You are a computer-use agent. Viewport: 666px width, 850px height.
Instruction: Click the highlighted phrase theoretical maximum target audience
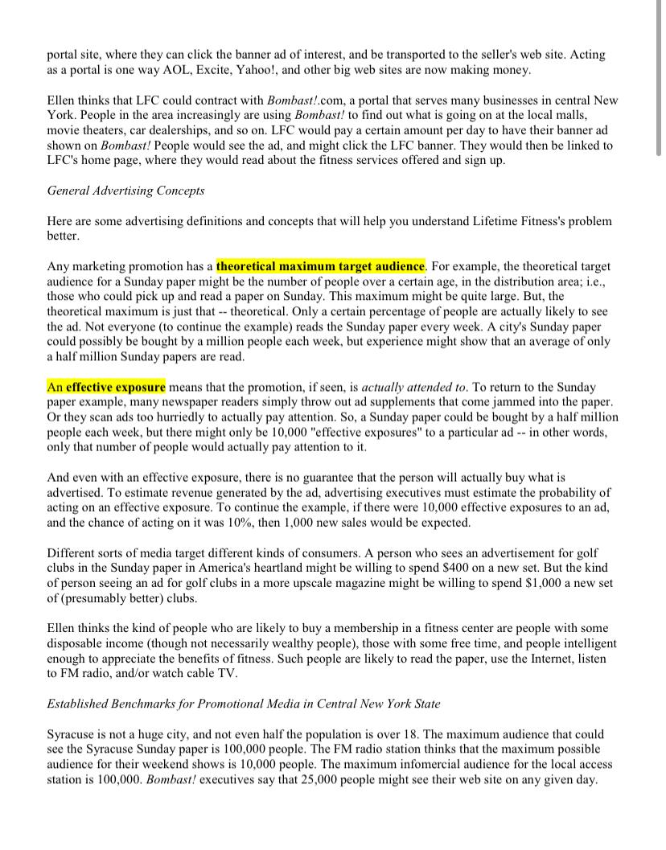[320, 265]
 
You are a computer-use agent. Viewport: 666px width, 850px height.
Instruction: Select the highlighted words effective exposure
[115, 387]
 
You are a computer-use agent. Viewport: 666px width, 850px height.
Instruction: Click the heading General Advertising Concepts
[125, 191]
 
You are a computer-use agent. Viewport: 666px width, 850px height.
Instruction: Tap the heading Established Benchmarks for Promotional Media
[243, 704]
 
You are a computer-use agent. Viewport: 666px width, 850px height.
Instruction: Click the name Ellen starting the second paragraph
[63, 101]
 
